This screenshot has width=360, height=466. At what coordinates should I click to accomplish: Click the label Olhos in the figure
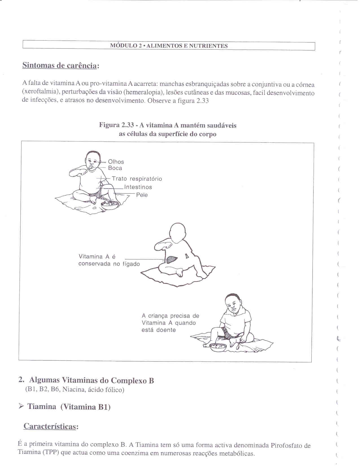click(x=116, y=162)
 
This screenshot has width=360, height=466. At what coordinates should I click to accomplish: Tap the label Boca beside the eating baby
click(x=115, y=168)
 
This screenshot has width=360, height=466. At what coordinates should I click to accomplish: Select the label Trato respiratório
click(x=137, y=179)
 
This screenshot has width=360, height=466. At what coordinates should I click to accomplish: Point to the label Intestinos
click(x=138, y=187)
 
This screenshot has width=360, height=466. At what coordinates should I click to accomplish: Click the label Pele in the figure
click(x=142, y=195)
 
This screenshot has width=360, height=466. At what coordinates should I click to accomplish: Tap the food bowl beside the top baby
click(x=110, y=205)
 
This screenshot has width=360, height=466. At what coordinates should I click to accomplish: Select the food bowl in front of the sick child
click(x=218, y=347)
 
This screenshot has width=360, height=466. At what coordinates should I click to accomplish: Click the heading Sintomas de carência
click(x=60, y=65)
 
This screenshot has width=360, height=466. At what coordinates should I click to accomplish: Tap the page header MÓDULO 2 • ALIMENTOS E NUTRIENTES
click(x=169, y=46)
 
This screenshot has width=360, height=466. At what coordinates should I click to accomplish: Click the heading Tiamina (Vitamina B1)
click(x=69, y=407)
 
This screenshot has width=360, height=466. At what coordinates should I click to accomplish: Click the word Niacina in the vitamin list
click(x=73, y=390)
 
